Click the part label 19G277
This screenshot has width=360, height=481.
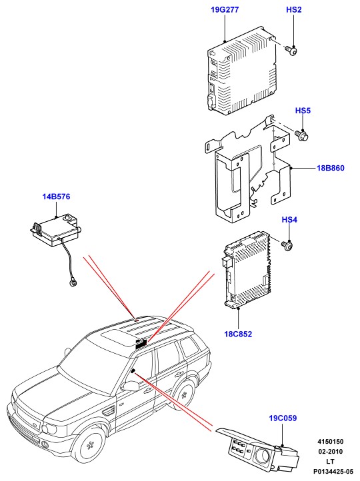(x=225, y=10)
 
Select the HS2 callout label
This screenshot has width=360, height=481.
(x=294, y=10)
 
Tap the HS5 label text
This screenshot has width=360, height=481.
(x=303, y=111)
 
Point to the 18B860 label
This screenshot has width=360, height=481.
(x=331, y=168)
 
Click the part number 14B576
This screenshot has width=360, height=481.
(x=56, y=197)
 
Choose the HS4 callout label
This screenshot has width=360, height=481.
(x=289, y=220)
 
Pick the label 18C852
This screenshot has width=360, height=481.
(x=238, y=334)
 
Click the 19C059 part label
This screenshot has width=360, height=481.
(x=283, y=418)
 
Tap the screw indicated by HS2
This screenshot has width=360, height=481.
(x=291, y=51)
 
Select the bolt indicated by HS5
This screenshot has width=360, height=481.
(x=302, y=135)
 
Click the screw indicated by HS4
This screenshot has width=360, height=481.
(x=287, y=244)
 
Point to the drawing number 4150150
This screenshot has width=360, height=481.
(x=330, y=442)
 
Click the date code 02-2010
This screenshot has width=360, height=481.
(x=330, y=452)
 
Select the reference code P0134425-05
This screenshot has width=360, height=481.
(x=333, y=471)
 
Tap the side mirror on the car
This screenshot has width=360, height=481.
(x=131, y=386)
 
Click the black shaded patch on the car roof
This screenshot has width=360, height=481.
(x=141, y=343)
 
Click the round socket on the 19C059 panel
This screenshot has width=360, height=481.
(x=265, y=452)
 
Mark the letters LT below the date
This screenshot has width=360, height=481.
(x=330, y=462)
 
